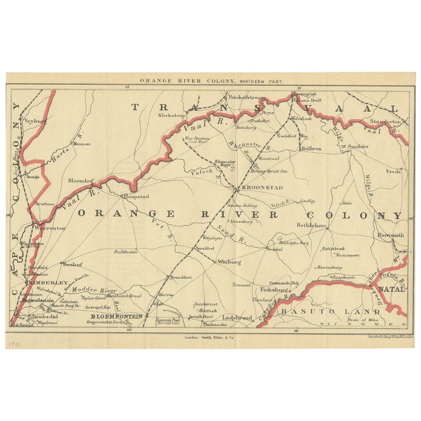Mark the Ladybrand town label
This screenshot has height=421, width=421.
[x=236, y=317]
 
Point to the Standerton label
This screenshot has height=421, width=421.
[x=386, y=121]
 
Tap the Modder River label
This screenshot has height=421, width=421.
[x=95, y=289]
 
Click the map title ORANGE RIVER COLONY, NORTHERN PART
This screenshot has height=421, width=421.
[x=210, y=81]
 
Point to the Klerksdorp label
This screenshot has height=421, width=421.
[x=173, y=117]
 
